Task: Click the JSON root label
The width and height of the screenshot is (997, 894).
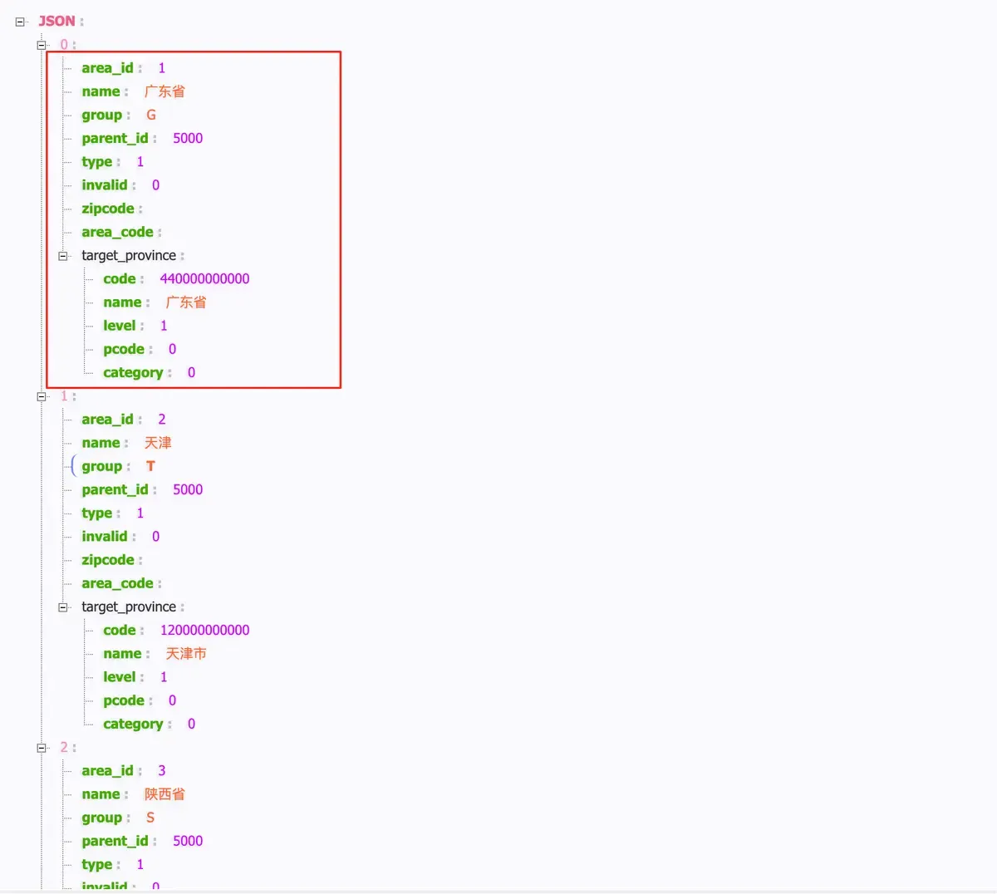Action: (56, 21)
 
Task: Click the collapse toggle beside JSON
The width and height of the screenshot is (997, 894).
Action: (20, 22)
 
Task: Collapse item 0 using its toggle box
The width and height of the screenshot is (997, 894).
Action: (42, 46)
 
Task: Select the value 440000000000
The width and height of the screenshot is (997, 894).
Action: (204, 278)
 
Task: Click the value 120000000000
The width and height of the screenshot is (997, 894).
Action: (204, 630)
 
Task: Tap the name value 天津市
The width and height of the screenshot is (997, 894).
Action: (186, 654)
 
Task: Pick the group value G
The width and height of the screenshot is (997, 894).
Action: (151, 115)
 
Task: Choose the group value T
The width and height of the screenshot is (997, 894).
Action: (150, 466)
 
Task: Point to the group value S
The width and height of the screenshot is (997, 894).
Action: (150, 818)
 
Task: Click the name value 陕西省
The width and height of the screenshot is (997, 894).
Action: (165, 794)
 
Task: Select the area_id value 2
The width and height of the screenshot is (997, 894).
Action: (162, 420)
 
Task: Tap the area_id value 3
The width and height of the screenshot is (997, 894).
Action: (162, 771)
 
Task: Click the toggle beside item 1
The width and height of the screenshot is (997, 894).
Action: (42, 397)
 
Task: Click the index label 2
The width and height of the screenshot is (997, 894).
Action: (64, 747)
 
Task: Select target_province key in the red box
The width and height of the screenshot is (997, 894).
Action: (129, 256)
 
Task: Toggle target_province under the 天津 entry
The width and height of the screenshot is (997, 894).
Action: (63, 607)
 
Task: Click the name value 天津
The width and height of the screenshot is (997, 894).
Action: (158, 443)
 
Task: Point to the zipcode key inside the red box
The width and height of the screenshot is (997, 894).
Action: (108, 209)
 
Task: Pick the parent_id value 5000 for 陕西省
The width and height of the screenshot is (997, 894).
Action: (188, 841)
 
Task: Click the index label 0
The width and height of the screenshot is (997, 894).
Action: (64, 44)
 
